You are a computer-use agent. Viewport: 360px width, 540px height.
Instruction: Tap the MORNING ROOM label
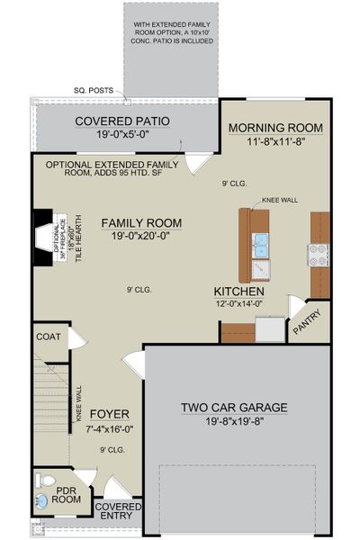click(x=274, y=127)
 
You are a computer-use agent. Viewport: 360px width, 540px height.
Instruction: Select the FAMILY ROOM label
click(x=140, y=222)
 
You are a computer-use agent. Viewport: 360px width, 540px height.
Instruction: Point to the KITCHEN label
click(x=238, y=292)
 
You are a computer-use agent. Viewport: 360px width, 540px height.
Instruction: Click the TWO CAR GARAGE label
click(x=234, y=408)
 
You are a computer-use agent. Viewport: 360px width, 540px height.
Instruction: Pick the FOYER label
click(x=109, y=414)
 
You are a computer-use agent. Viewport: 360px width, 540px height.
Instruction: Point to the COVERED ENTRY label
click(x=117, y=510)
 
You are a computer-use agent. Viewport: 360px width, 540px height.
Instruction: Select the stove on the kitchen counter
click(x=319, y=255)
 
